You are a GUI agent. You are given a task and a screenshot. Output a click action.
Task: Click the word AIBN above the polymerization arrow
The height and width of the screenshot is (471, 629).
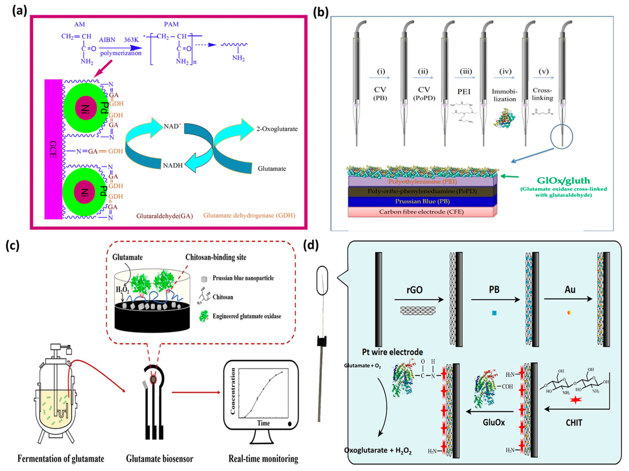(107, 40)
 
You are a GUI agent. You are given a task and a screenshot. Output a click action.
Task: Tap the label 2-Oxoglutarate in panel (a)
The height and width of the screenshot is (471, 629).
(277, 129)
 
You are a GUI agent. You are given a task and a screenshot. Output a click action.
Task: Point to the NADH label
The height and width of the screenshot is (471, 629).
(173, 165)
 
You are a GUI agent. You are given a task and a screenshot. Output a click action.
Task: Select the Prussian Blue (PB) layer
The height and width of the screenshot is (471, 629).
(422, 201)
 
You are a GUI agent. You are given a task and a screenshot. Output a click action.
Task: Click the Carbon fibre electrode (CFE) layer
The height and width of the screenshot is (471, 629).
(422, 212)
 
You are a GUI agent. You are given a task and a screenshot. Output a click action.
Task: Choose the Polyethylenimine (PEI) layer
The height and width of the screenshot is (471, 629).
(422, 181)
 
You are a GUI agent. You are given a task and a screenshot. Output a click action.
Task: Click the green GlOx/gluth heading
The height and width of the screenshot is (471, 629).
(563, 180)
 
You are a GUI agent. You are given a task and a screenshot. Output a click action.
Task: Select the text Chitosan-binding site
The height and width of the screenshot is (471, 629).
(216, 257)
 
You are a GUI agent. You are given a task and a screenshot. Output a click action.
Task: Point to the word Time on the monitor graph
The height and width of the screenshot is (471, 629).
(263, 423)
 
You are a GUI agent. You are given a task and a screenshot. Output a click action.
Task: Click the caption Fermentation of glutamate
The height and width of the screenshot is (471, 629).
(61, 458)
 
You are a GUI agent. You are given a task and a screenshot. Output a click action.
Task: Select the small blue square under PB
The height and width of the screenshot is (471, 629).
(494, 313)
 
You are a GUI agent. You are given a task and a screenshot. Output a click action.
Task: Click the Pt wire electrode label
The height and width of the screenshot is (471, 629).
(392, 352)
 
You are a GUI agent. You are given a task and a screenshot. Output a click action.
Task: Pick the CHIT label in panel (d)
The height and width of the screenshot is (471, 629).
(574, 423)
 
